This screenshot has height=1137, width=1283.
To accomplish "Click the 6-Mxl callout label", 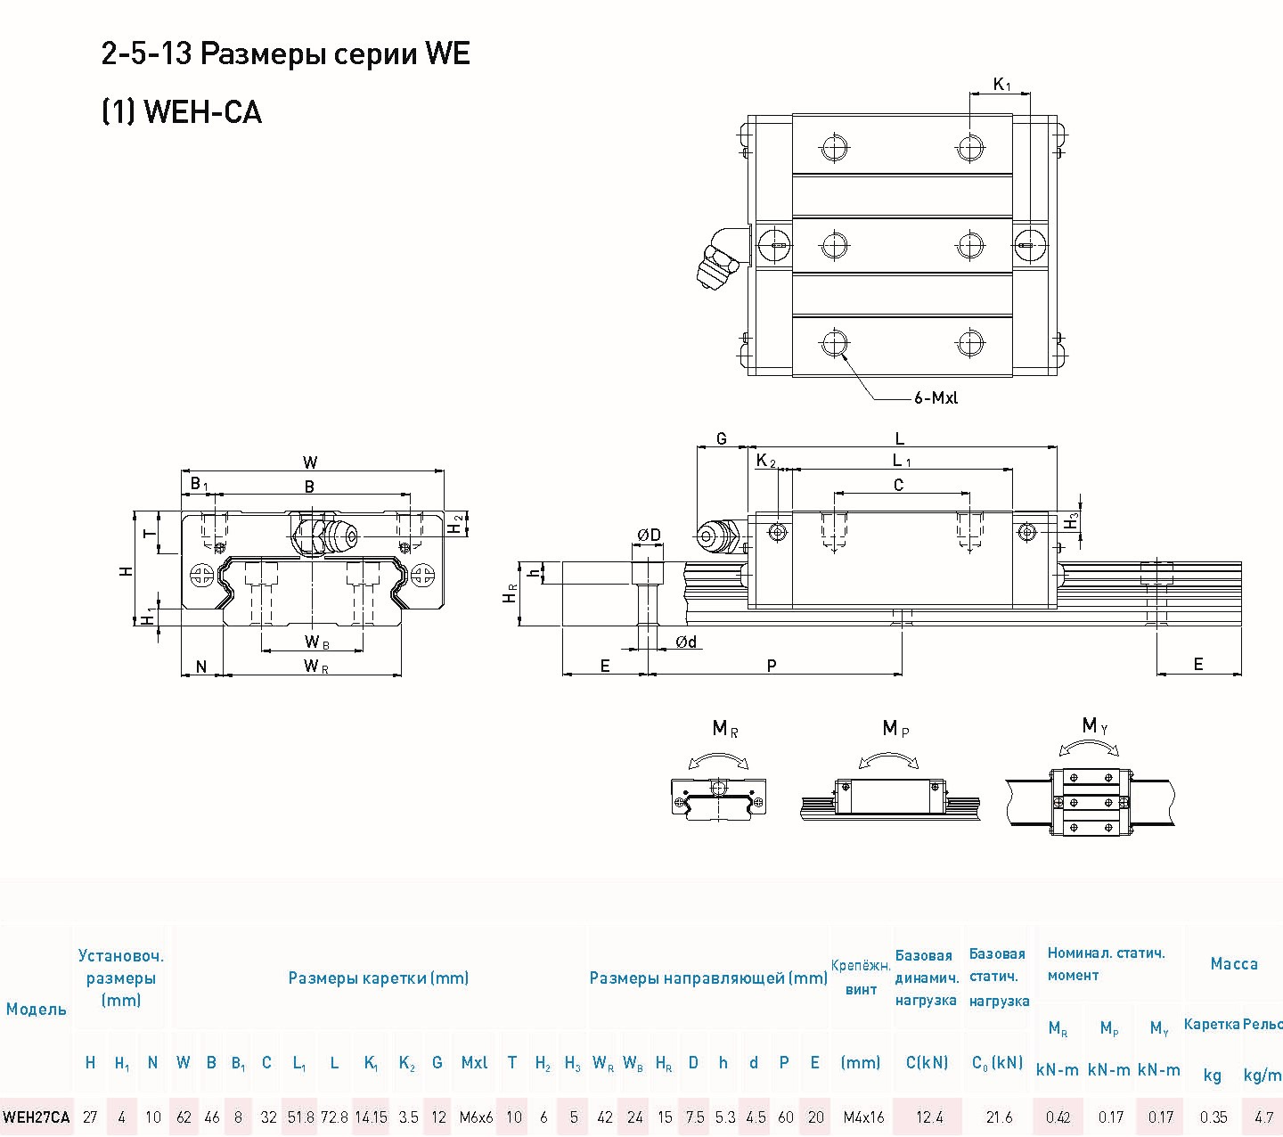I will [936, 398].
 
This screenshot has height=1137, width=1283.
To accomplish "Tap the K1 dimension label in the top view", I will [1002, 85].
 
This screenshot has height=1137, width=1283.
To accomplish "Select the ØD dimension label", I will [649, 536].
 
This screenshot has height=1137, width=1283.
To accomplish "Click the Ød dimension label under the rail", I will [685, 642].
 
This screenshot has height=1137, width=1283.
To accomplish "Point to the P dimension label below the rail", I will [772, 665].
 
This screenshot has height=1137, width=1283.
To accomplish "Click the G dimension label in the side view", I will [722, 438].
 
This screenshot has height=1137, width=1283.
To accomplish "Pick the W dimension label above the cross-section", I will [310, 462].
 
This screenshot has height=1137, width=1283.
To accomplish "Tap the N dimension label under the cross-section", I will [201, 667].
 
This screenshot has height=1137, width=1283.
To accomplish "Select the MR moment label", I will [724, 730].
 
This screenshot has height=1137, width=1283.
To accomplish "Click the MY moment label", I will [1095, 726].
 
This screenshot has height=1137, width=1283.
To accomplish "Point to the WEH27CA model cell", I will [36, 1117].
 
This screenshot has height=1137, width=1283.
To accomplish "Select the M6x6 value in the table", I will [476, 1117].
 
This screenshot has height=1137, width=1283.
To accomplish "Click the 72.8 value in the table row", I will [334, 1117].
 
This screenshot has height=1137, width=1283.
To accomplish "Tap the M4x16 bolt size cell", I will [863, 1117].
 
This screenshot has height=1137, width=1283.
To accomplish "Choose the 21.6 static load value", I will [999, 1117].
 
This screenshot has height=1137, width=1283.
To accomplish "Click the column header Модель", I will [36, 1010].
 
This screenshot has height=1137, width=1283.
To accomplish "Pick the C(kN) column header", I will [927, 1062].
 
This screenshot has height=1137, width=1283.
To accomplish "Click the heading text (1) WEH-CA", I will [182, 112].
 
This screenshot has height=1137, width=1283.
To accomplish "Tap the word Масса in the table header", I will [1233, 963].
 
